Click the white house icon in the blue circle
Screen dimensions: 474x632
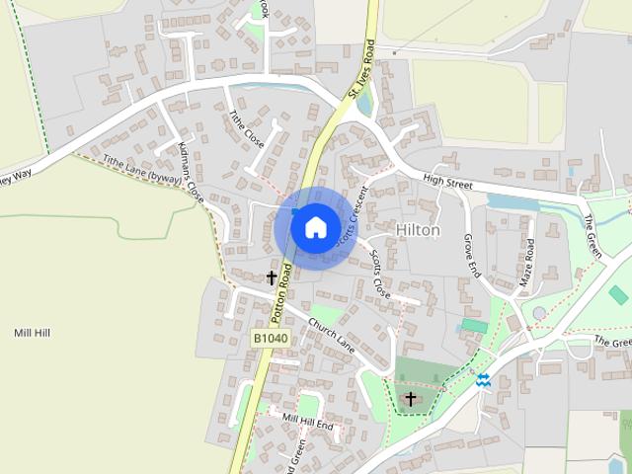click(315, 226)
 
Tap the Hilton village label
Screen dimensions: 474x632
click(417, 230)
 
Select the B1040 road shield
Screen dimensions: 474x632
click(270, 338)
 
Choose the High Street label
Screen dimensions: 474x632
click(447, 181)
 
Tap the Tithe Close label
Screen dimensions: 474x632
click(246, 129)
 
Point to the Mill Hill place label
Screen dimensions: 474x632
click(32, 333)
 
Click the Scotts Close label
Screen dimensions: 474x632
click(380, 274)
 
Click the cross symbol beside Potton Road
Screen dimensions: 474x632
click(272, 278)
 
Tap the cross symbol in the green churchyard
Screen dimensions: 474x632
click(411, 398)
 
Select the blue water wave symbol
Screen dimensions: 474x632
click(483, 379)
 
